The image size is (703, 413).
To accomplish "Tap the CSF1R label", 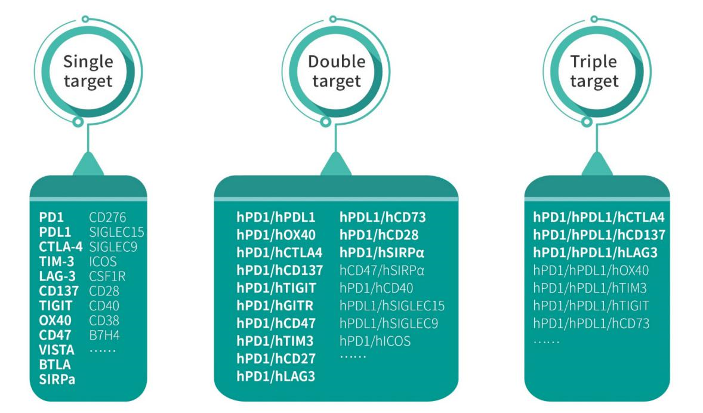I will coord(107,275).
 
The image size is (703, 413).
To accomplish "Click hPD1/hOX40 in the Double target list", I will coord(276,234).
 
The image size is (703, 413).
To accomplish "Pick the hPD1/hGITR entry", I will coord(276,306).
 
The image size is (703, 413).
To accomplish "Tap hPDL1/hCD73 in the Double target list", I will coord(383,216).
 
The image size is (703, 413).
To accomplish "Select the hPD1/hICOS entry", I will coord(375,341).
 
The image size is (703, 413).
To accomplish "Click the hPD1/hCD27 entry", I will coord(276,359).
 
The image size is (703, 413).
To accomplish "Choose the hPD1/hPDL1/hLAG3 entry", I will coord(596,252).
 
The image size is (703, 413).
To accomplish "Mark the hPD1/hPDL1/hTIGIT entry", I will coord(591,306).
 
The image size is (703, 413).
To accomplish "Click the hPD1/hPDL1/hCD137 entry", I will coord(599,235).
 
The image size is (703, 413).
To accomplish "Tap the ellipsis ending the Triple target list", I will coord(547,341).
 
